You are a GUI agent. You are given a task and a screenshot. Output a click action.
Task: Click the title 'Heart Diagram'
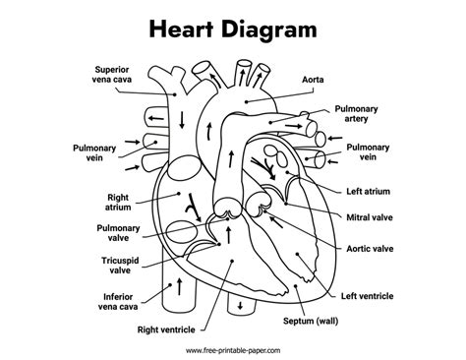click(233, 30)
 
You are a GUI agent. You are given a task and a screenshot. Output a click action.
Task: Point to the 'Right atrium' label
click(117, 202)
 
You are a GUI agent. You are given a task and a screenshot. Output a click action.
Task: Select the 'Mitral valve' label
click(371, 216)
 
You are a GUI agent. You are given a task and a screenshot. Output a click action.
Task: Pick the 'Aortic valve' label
click(372, 249)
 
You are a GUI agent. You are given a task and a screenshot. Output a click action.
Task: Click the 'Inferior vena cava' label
click(119, 300)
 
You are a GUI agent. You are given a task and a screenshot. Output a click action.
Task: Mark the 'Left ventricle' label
click(368, 295)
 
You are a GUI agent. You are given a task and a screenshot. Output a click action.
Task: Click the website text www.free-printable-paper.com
click(233, 349)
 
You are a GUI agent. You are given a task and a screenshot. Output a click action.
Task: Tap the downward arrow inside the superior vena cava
click(181, 119)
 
